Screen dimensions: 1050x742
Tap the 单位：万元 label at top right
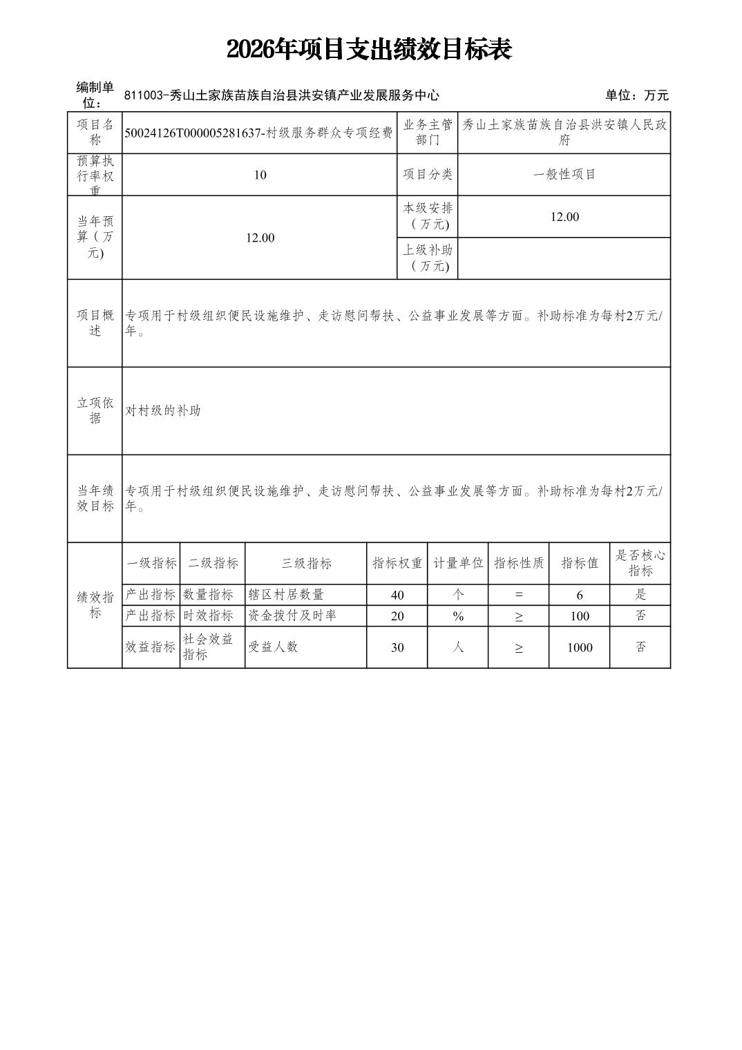636,95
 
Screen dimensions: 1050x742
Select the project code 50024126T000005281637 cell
259,133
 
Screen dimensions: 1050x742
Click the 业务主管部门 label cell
428,133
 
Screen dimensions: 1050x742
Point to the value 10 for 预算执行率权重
260,175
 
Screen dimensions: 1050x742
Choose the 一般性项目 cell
564,175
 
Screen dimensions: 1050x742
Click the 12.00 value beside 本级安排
564,217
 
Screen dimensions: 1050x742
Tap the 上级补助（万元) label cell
428,258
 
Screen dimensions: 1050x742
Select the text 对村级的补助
163,410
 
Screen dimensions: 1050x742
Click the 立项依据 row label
95,410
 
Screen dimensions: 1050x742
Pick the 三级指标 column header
305,563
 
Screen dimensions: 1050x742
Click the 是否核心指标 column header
640,563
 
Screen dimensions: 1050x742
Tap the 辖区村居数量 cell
286,595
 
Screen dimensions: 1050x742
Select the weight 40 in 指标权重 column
397,595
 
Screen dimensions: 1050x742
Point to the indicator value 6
579,595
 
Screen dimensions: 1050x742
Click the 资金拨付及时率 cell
292,615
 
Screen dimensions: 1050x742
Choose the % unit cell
457,615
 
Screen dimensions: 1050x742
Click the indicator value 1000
579,647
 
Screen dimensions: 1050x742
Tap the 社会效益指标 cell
208,647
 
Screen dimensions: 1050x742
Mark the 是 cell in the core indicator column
640,595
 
